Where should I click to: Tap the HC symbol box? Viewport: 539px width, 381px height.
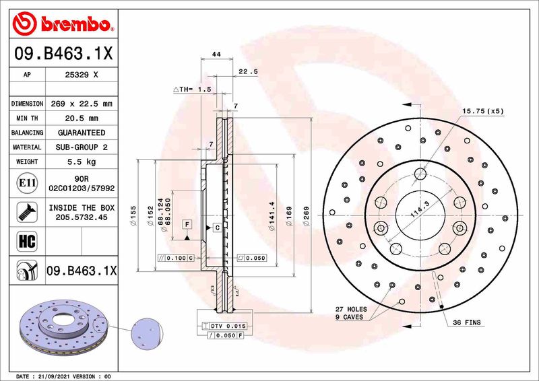(x=24, y=240)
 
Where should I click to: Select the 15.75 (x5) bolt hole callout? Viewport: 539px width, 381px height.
(x=482, y=110)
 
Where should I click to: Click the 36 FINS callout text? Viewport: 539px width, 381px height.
(x=466, y=323)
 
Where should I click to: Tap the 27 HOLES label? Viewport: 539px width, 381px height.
(x=350, y=308)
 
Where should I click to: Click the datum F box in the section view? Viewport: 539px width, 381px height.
(x=187, y=223)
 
